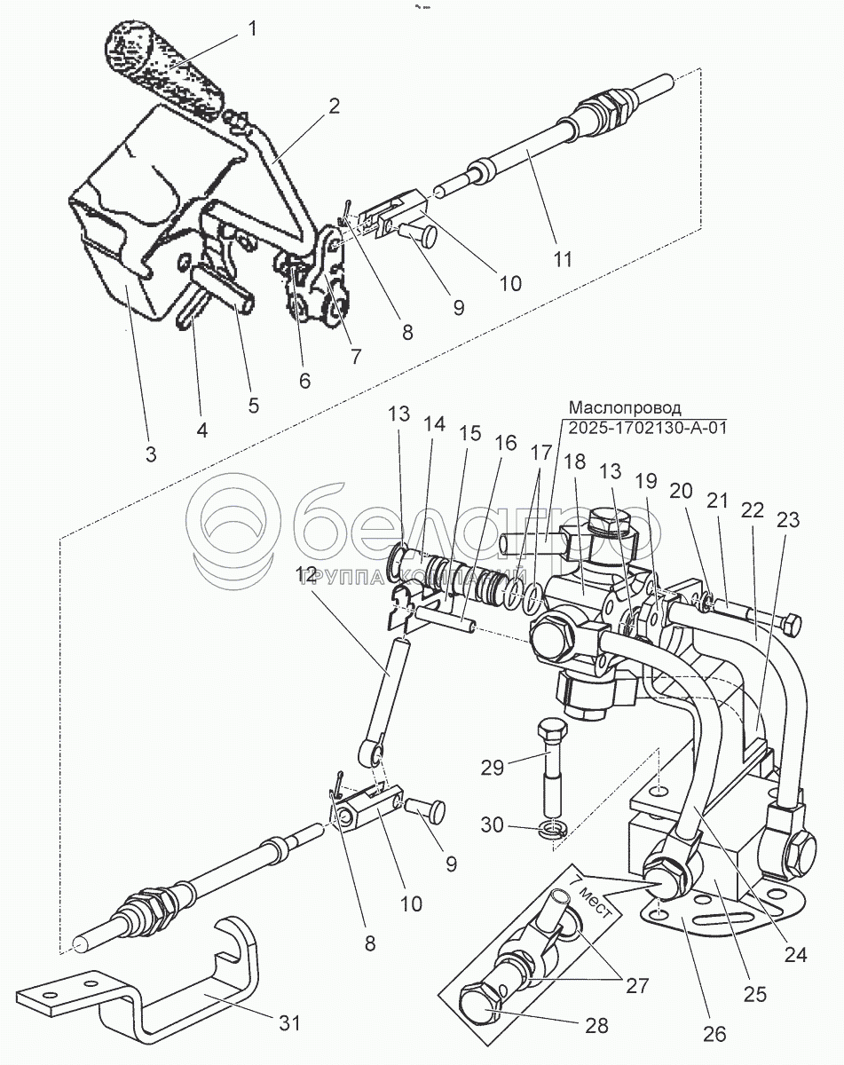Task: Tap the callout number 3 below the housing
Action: point(150,454)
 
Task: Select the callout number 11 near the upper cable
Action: point(563,259)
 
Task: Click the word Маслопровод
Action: point(625,408)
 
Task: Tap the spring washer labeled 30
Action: point(553,828)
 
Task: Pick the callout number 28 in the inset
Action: point(596,1026)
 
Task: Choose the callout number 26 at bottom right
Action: point(714,1032)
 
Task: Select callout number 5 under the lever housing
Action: point(253,406)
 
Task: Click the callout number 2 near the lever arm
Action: point(333,106)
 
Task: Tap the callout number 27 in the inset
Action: point(637,984)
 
